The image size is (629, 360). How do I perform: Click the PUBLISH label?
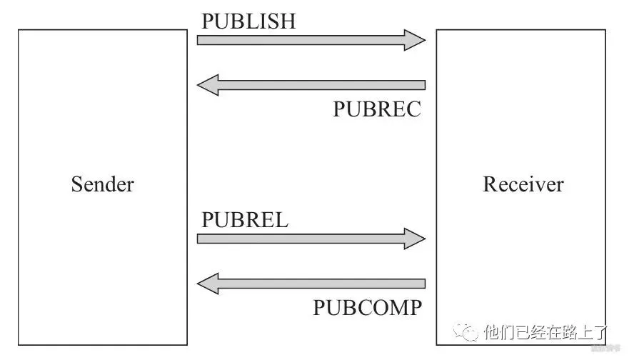click(248, 21)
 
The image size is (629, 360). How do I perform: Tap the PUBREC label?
click(377, 109)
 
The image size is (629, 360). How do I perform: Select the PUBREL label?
click(245, 220)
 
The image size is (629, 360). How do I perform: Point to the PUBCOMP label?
click(367, 308)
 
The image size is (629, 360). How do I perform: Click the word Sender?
click(103, 184)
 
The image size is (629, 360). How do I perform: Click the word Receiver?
click(523, 184)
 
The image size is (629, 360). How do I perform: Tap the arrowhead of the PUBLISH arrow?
click(415, 40)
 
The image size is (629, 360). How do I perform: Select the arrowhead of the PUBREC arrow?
click(208, 86)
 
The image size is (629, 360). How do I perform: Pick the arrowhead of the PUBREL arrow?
click(415, 239)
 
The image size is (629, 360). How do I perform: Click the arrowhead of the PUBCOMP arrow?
click(208, 284)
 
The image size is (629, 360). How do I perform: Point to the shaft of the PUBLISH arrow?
click(300, 40)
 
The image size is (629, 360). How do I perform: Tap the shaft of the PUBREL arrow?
click(300, 239)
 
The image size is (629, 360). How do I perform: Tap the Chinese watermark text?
click(545, 332)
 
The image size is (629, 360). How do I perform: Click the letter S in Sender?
click(76, 184)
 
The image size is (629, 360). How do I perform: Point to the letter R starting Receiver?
click(490, 184)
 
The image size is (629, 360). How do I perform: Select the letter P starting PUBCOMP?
click(318, 308)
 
